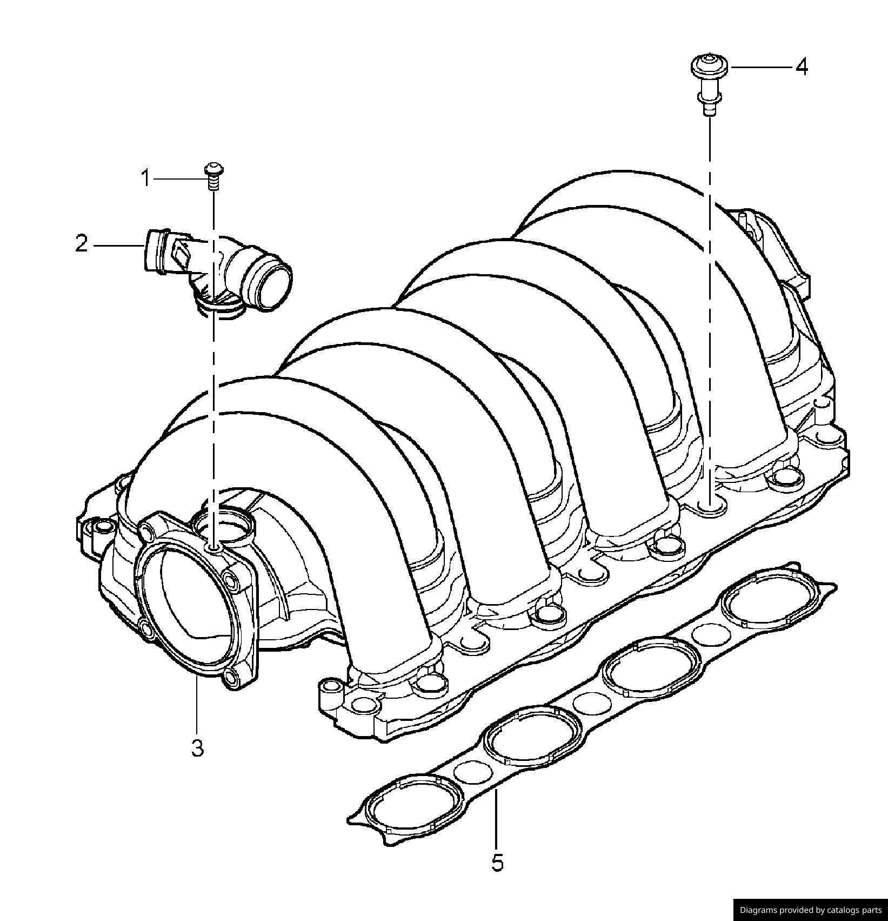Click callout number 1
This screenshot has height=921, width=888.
[145, 178]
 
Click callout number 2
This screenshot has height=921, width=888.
[81, 244]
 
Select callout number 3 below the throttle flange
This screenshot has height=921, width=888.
[197, 748]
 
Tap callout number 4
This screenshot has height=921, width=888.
[801, 67]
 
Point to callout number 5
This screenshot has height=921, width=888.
[497, 863]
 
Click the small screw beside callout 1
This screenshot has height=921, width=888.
[214, 175]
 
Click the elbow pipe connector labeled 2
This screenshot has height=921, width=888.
[216, 265]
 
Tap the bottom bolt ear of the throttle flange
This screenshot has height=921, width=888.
[234, 679]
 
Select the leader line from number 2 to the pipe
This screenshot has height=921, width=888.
[119, 246]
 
